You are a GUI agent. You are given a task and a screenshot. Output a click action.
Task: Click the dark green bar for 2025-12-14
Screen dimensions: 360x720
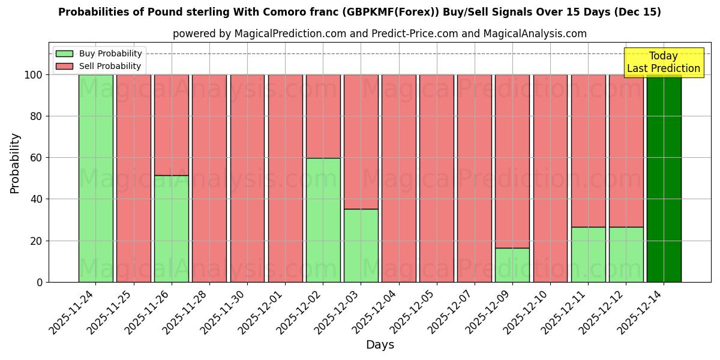tap(664, 178)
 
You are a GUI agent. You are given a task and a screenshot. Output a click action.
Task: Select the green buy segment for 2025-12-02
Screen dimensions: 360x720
tap(323, 220)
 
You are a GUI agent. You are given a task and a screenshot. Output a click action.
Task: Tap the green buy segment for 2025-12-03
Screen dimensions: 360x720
tap(361, 245)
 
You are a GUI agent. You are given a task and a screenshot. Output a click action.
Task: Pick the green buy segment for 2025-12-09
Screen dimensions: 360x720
tap(512, 265)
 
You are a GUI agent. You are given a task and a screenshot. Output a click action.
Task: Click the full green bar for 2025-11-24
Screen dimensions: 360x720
tap(95, 178)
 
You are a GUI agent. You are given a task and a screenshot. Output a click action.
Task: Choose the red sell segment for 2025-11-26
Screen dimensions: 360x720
tap(172, 125)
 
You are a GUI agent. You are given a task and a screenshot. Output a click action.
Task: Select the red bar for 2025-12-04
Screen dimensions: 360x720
tap(399, 178)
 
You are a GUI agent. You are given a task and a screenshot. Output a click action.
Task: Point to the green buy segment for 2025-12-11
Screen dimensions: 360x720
tap(588, 254)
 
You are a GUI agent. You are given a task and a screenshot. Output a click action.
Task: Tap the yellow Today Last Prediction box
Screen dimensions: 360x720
tap(663, 62)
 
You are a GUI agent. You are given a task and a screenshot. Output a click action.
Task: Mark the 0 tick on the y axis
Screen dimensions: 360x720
tap(40, 282)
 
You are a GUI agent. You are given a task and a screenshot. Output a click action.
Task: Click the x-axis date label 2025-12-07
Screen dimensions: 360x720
tap(450, 312)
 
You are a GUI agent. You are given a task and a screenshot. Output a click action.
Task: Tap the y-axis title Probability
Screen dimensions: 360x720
tap(15, 163)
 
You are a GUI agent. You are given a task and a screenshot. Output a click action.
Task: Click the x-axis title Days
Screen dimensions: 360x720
tap(380, 345)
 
